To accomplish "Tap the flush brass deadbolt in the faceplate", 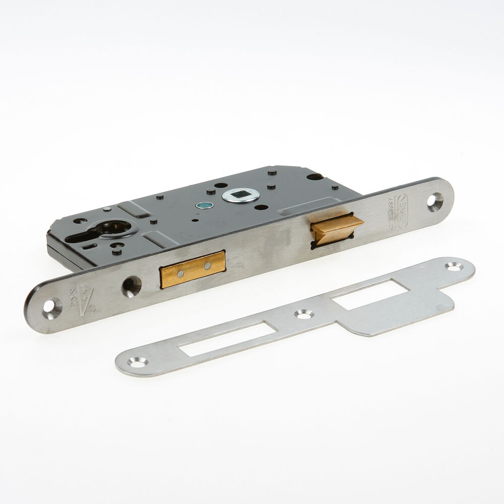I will pyautogui.click(x=192, y=269).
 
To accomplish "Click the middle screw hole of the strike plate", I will pyautogui.click(x=303, y=314).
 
